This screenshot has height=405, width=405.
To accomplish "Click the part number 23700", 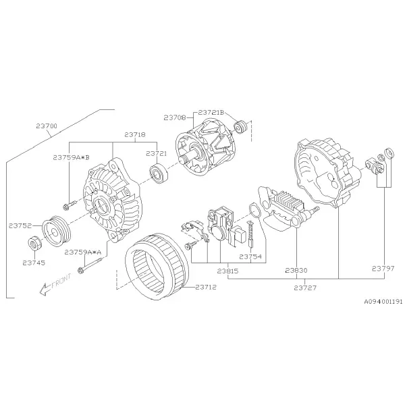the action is (47, 126).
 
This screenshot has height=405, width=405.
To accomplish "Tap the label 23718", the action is (135, 134).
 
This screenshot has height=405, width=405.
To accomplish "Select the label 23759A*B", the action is (71, 157).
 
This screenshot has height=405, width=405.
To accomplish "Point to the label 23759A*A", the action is (82, 252).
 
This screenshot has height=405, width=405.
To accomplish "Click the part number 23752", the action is (20, 225).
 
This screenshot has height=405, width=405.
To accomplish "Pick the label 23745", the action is (34, 263).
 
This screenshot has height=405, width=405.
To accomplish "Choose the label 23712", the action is (206, 287).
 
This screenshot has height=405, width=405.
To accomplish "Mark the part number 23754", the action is (250, 256).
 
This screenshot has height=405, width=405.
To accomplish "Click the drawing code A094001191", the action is (383, 302).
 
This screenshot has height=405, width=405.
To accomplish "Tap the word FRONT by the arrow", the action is (61, 281).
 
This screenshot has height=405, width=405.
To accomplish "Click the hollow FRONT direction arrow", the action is (45, 289).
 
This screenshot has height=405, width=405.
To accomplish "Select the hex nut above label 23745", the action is (33, 243).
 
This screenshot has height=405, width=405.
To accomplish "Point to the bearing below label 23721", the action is (159, 172).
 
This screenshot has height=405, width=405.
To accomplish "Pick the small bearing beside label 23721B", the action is (240, 127).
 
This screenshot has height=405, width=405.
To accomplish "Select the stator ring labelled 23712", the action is (157, 267).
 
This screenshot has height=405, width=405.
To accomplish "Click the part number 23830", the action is (296, 270).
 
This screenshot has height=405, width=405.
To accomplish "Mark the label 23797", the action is (383, 269).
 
